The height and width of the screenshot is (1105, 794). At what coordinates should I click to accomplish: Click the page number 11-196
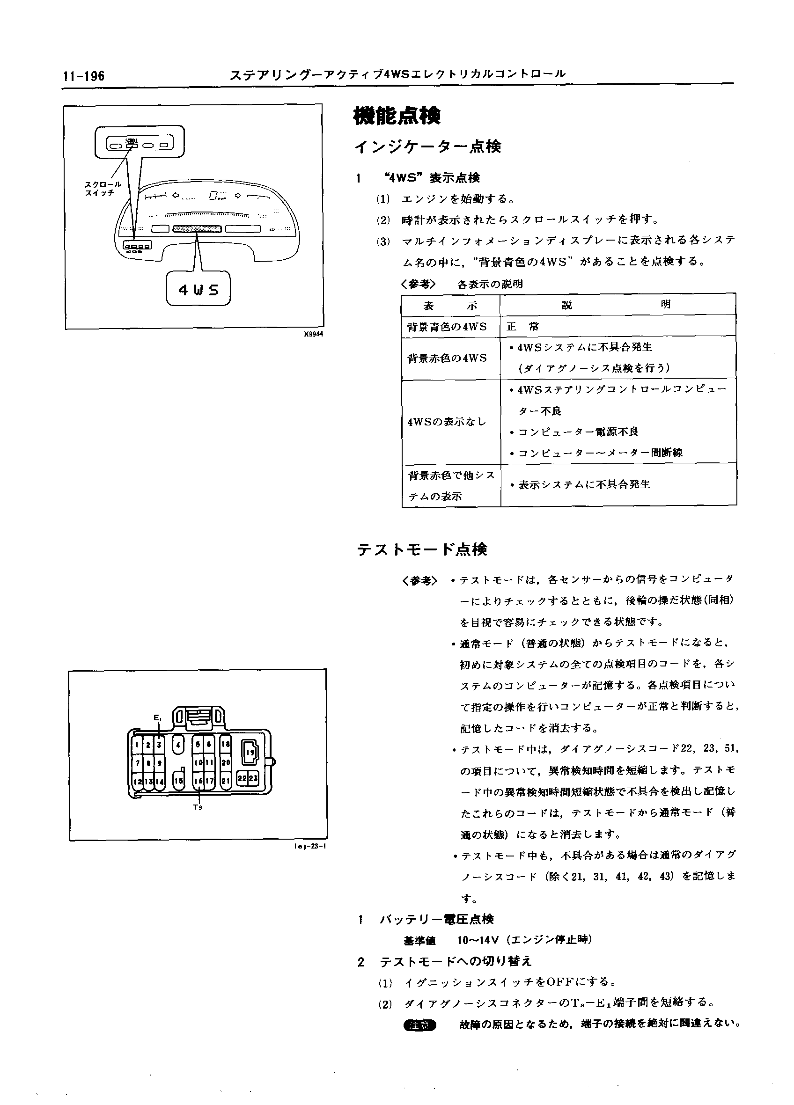(x=83, y=76)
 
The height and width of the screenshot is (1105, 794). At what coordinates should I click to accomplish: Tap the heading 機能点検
(x=396, y=116)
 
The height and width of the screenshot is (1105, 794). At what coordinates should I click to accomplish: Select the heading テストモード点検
(x=422, y=550)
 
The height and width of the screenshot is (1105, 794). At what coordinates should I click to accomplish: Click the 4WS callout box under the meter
(x=198, y=290)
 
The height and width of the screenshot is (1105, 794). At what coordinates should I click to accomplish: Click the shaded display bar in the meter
(x=197, y=229)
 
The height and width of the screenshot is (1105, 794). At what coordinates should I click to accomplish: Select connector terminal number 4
(x=178, y=745)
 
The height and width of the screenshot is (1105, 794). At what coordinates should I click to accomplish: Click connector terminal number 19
(x=250, y=752)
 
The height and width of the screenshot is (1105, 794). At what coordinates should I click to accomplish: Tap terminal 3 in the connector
(x=159, y=745)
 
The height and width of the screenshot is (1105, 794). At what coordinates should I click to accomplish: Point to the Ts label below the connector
(x=198, y=807)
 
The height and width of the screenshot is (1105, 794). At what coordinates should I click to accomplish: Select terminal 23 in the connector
(x=253, y=779)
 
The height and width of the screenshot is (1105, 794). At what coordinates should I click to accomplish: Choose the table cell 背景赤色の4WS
(x=447, y=358)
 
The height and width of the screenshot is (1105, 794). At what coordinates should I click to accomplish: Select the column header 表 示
(x=450, y=306)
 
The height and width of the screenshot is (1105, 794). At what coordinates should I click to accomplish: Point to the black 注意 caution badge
(x=420, y=1024)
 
